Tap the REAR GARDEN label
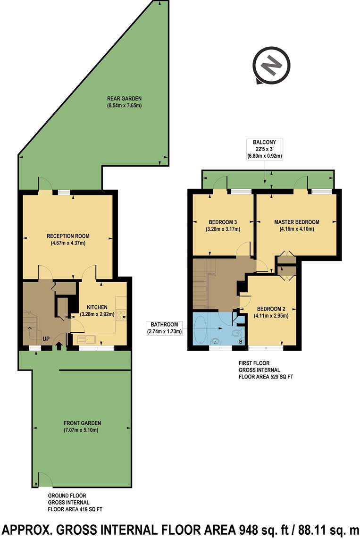124,101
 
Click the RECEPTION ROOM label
68,239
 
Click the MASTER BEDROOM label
296,225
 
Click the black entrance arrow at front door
59,347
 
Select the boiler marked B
240,341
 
